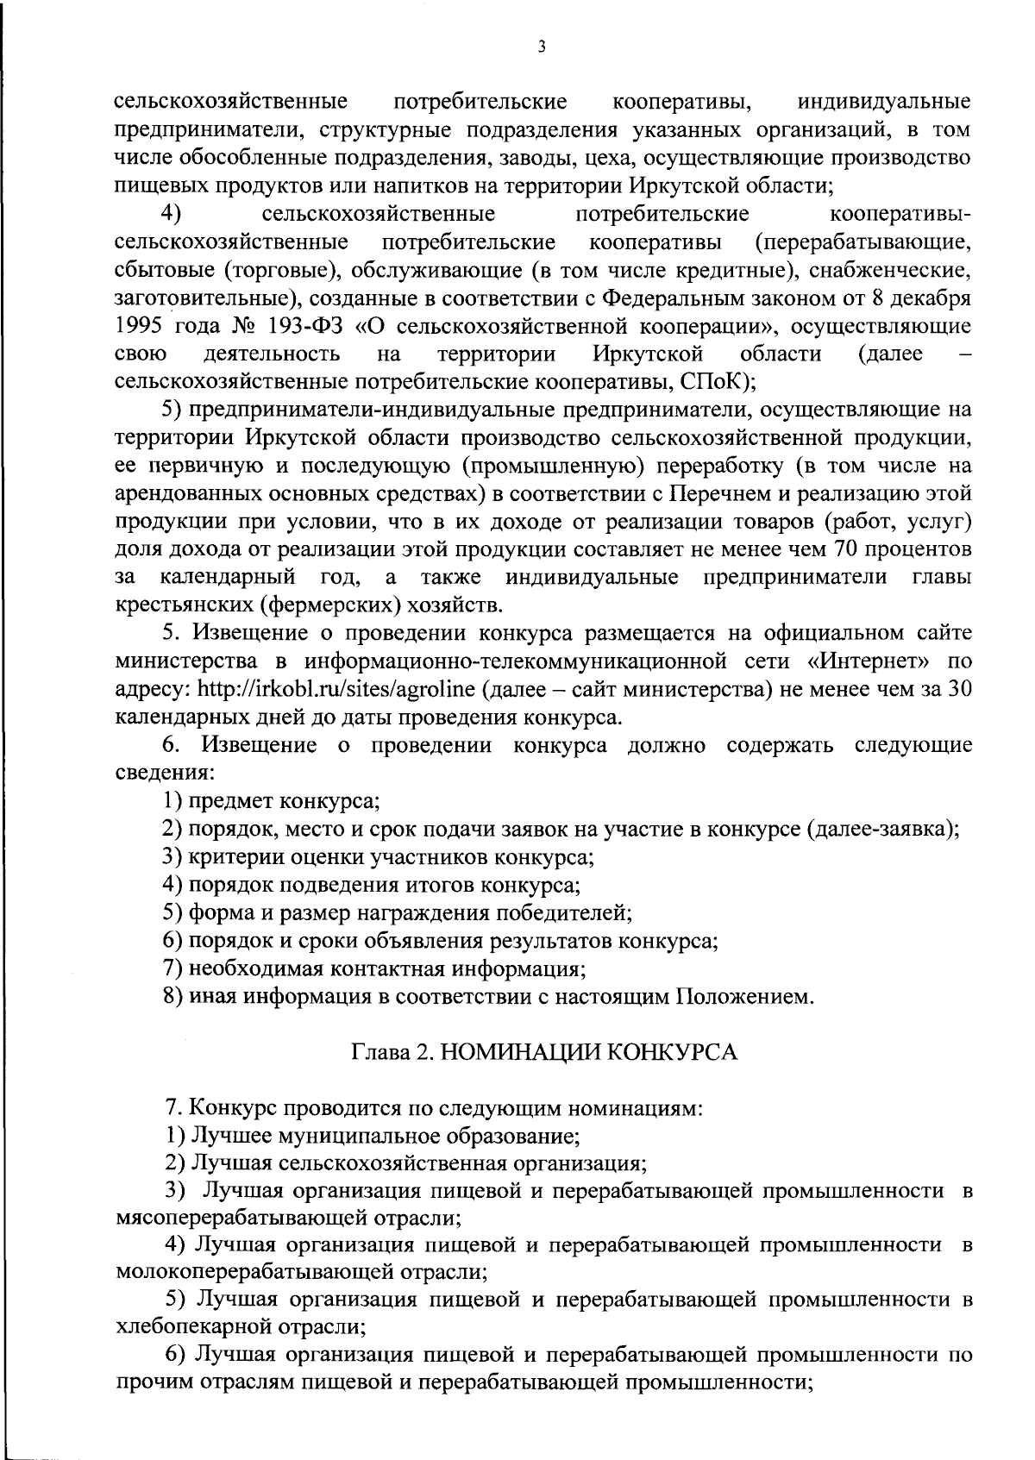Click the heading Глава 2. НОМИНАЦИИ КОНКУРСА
(x=544, y=1054)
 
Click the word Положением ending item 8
(x=743, y=998)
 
